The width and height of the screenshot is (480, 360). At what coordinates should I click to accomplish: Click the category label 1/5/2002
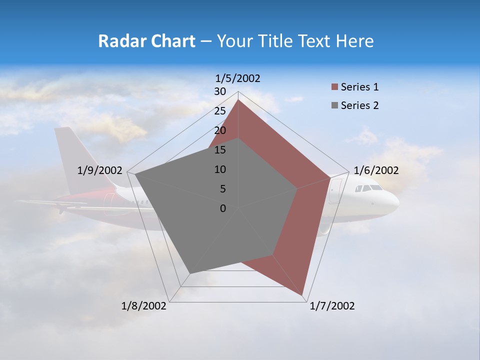(x=237, y=78)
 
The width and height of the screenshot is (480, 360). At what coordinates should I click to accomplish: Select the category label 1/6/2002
(x=376, y=170)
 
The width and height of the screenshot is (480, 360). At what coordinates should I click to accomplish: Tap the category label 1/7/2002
(x=332, y=306)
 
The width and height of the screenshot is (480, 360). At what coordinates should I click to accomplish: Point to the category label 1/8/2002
(x=143, y=306)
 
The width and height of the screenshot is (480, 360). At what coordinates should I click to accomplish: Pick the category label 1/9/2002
(x=99, y=170)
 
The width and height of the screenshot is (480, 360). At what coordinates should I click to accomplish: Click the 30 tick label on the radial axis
(x=220, y=91)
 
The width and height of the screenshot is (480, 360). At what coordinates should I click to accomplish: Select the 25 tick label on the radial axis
(x=220, y=111)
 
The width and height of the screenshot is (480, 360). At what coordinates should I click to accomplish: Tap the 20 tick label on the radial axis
(x=220, y=130)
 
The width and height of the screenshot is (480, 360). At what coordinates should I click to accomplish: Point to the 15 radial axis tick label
(x=220, y=150)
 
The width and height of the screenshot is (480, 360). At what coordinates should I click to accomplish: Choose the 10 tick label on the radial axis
(x=220, y=169)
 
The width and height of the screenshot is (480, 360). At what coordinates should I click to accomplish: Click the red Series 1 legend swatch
(x=334, y=87)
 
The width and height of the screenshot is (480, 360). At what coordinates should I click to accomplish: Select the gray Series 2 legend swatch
(x=334, y=105)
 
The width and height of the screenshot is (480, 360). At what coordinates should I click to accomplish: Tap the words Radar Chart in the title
(x=146, y=41)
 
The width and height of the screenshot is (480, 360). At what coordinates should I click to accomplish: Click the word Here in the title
(x=354, y=41)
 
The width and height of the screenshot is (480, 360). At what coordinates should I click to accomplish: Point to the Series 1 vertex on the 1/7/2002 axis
(x=303, y=296)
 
